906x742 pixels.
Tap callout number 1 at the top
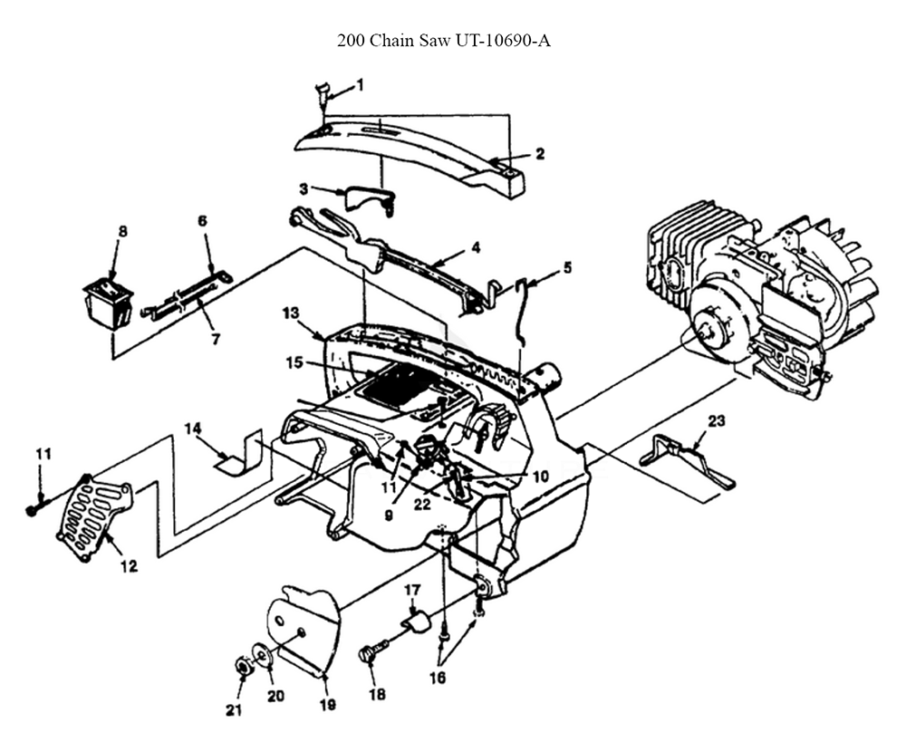[x=360, y=85]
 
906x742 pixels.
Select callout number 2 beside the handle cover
[x=540, y=154]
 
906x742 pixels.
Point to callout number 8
[x=122, y=231]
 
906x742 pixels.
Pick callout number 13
[x=291, y=313]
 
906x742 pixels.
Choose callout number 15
[x=294, y=362]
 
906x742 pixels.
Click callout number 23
[x=716, y=421]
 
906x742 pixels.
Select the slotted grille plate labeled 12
[x=96, y=516]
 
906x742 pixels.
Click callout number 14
[x=192, y=429]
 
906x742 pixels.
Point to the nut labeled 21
[x=242, y=668]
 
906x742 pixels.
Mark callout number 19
[x=328, y=705]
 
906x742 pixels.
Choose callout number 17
[x=412, y=590]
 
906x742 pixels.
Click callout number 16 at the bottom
[x=438, y=677]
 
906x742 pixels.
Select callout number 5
[x=567, y=267]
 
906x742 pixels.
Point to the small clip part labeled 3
[x=370, y=200]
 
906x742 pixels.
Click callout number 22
[x=422, y=504]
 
